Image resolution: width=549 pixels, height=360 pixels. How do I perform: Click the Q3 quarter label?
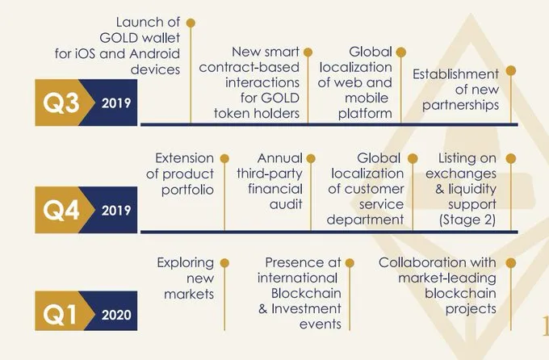tap(61, 103)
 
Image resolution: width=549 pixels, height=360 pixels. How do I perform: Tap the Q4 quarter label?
tap(61, 210)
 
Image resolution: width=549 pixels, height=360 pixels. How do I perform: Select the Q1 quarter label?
tap(60, 314)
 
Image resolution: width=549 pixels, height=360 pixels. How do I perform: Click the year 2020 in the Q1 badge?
tap(116, 315)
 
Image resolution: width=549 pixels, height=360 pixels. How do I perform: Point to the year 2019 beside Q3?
tap(116, 103)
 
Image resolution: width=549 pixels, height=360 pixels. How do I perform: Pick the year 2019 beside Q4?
tap(116, 211)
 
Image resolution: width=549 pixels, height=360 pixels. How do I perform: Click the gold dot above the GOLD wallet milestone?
tap(191, 23)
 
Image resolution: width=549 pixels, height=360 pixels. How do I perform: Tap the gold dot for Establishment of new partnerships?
tap(511, 71)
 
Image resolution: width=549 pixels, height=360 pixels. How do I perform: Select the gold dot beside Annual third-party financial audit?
tap(311, 159)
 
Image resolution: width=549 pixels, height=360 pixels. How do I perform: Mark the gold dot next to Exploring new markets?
tap(224, 263)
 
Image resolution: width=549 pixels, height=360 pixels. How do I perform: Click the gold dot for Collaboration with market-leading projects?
tap(511, 263)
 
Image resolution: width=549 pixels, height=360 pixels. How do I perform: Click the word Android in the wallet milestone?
tap(154, 53)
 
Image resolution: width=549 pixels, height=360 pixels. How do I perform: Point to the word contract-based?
tap(249, 67)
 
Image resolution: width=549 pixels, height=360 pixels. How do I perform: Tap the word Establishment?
tap(455, 74)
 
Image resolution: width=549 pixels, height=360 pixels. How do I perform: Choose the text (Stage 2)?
tap(467, 220)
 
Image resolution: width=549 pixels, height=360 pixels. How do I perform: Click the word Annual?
tap(280, 158)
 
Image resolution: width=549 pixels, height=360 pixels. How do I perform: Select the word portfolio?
tap(187, 190)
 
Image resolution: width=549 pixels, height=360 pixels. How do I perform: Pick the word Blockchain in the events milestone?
tap(306, 294)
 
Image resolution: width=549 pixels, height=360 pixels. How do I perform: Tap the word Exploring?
tap(185, 263)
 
